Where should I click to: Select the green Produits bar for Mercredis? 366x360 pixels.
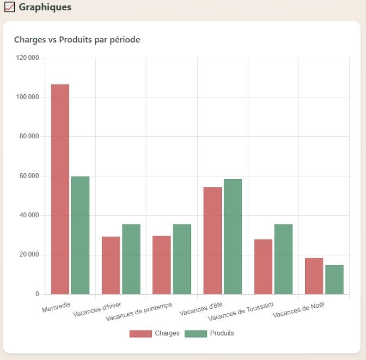[80, 235]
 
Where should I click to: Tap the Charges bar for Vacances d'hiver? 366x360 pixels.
[111, 265]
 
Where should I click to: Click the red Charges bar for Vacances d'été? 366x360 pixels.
[212, 241]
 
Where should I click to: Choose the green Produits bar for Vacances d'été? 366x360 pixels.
[233, 236]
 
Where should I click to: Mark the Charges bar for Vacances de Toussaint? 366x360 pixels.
[263, 266]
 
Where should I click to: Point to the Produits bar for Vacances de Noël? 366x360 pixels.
[334, 279]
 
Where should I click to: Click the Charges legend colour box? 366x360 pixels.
[140, 333]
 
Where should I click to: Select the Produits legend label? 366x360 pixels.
[222, 333]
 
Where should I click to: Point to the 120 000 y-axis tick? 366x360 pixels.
[28, 58]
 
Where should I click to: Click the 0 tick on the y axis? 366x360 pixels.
[37, 295]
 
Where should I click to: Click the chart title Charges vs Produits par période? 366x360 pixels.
[77, 40]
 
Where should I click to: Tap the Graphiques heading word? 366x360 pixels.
[45, 8]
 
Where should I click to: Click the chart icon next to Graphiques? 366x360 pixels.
[9, 8]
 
